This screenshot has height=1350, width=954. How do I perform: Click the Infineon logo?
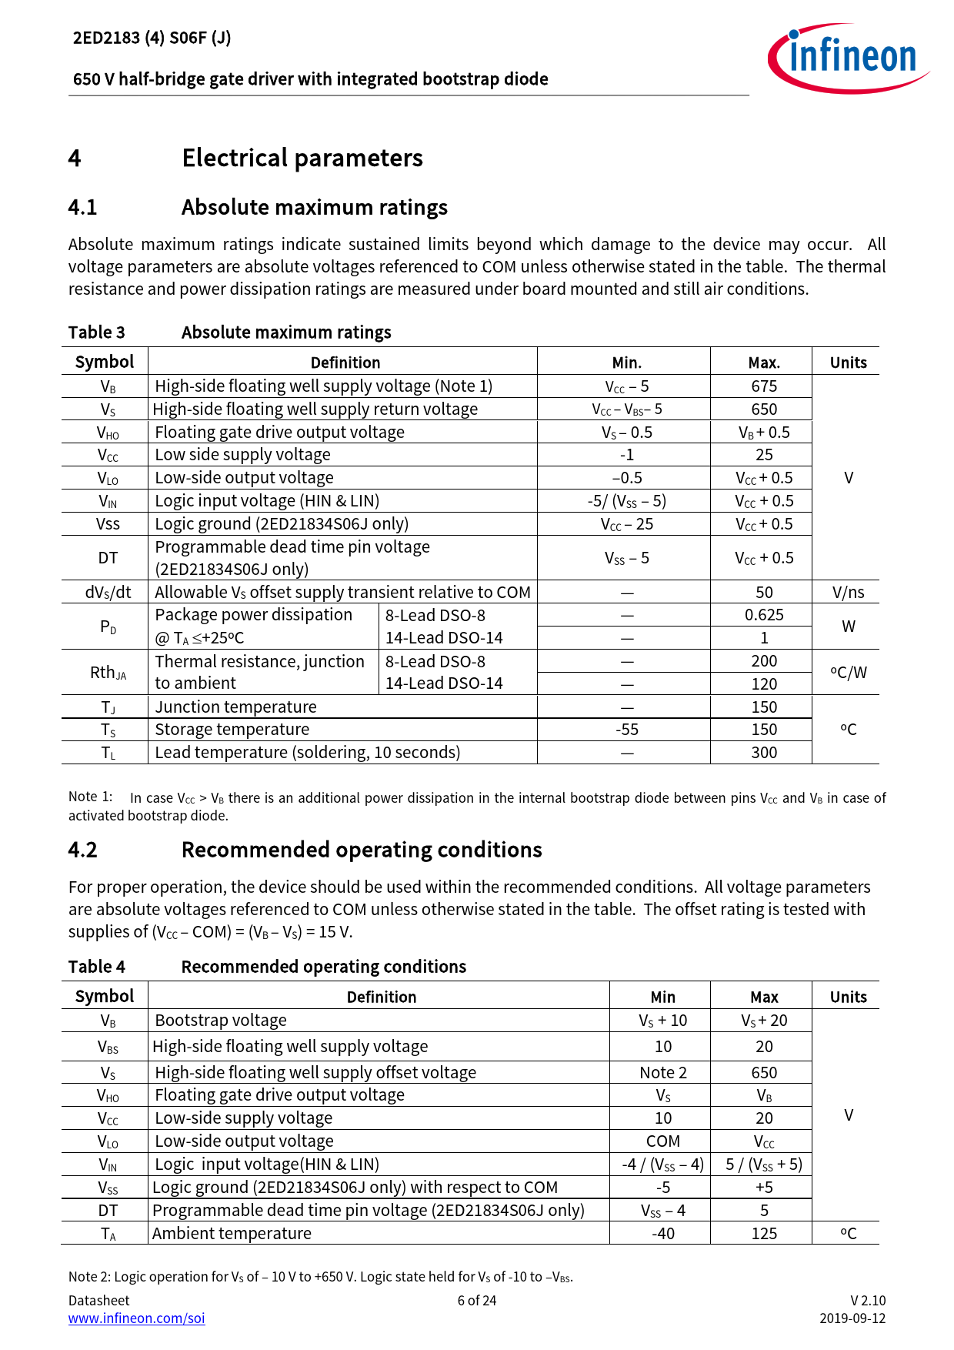(x=848, y=58)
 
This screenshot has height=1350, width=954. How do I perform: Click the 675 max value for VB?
(x=763, y=386)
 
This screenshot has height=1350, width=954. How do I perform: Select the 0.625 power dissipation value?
(x=763, y=615)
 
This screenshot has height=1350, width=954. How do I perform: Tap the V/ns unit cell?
(x=848, y=593)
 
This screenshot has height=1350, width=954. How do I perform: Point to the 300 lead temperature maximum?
(x=763, y=753)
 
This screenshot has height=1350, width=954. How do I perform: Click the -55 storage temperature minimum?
(x=627, y=730)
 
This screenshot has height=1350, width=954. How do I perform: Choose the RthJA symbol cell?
(x=108, y=673)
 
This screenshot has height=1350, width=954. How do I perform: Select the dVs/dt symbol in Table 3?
(x=108, y=593)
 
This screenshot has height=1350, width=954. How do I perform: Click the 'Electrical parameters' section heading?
(x=302, y=158)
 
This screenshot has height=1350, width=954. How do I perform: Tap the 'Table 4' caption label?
(x=97, y=967)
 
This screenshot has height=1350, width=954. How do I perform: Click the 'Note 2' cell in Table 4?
(x=662, y=1073)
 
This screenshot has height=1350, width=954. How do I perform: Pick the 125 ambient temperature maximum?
(x=763, y=1234)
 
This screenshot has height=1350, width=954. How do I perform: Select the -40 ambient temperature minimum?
(x=662, y=1234)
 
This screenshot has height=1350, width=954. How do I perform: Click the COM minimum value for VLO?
(x=662, y=1141)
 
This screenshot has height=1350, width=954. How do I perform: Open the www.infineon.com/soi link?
(x=137, y=1318)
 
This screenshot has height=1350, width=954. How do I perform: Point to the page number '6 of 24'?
(x=477, y=1301)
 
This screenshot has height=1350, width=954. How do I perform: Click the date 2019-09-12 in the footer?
(x=852, y=1318)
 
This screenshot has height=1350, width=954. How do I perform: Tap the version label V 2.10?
(x=868, y=1301)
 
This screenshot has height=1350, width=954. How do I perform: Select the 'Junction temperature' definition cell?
(x=235, y=707)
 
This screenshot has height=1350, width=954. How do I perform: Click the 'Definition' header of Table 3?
(x=345, y=363)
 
